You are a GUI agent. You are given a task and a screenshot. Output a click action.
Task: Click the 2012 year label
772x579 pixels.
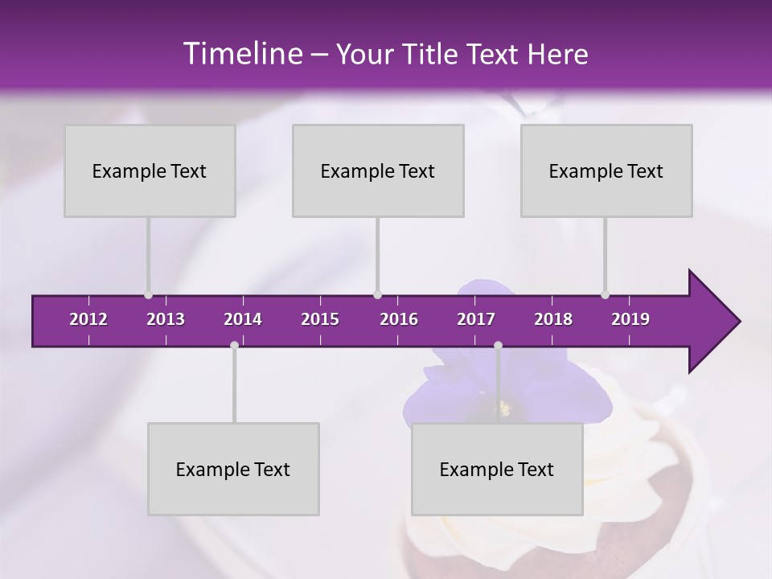pyautogui.click(x=88, y=319)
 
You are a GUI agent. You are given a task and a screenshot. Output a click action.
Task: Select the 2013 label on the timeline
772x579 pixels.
pyautogui.click(x=166, y=319)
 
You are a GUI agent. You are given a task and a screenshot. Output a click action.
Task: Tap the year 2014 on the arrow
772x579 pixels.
pyautogui.click(x=243, y=319)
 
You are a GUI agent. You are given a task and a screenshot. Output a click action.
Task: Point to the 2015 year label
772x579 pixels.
pyautogui.click(x=320, y=319)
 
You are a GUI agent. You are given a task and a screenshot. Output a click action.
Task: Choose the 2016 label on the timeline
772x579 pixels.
pyautogui.click(x=399, y=319)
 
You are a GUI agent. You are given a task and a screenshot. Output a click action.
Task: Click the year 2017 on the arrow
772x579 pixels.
pyautogui.click(x=476, y=319)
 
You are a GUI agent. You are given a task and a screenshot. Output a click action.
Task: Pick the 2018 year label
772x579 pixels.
pyautogui.click(x=553, y=319)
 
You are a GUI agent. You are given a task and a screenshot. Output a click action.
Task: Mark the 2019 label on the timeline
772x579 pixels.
pyautogui.click(x=630, y=319)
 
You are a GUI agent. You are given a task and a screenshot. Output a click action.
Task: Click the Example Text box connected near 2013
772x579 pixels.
pyautogui.click(x=150, y=170)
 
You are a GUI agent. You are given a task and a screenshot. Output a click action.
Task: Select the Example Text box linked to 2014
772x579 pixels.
pyautogui.click(x=233, y=469)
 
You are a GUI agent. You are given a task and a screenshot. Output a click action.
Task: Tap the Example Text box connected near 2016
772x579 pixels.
pyautogui.click(x=378, y=170)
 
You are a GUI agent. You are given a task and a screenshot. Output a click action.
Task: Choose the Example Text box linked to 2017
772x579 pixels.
pyautogui.click(x=497, y=469)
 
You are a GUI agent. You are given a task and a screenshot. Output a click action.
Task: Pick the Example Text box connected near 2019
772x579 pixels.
pyautogui.click(x=606, y=170)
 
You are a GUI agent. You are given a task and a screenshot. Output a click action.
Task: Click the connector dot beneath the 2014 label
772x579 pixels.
pyautogui.click(x=234, y=346)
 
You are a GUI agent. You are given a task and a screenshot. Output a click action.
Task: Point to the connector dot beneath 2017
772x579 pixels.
pyautogui.click(x=498, y=346)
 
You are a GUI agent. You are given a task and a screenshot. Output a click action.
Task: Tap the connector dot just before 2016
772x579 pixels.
pyautogui.click(x=378, y=294)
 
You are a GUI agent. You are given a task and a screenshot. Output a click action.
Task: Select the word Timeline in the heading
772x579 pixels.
pyautogui.click(x=241, y=54)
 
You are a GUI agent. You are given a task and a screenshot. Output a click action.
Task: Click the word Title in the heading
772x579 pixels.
pyautogui.click(x=433, y=54)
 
